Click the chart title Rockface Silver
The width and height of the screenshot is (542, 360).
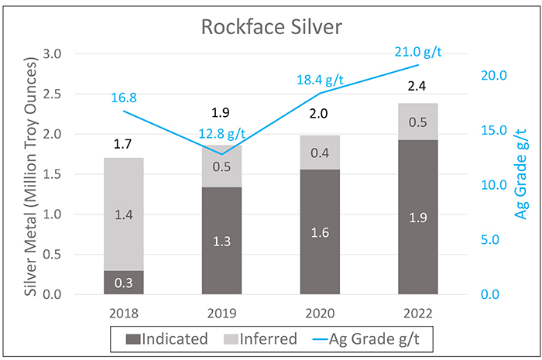[272, 27]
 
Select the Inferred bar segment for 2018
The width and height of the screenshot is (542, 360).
[124, 214]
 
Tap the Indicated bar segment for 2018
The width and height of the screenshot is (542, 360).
[124, 283]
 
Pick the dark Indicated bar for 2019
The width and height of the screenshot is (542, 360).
[222, 241]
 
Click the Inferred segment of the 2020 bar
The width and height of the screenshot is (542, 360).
[320, 153]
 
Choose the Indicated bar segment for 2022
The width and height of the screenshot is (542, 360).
[418, 217]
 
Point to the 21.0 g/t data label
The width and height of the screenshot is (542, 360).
[418, 52]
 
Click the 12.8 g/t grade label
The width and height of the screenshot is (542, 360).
[222, 133]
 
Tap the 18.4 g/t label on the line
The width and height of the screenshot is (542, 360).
[320, 81]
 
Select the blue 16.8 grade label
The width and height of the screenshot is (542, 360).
[124, 98]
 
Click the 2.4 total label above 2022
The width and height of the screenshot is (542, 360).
[417, 86]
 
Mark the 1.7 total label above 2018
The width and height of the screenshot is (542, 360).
[122, 144]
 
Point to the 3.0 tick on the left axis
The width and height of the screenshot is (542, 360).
[52, 54]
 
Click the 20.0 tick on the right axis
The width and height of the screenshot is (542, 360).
[494, 75]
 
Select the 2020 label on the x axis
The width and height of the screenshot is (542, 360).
[320, 314]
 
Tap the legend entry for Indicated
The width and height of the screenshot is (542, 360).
[166, 338]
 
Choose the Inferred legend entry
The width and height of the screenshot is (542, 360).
[260, 338]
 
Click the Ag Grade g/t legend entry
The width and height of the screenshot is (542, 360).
[366, 338]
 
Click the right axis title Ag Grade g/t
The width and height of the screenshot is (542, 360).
[520, 174]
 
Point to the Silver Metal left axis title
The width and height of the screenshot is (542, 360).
[31, 177]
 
